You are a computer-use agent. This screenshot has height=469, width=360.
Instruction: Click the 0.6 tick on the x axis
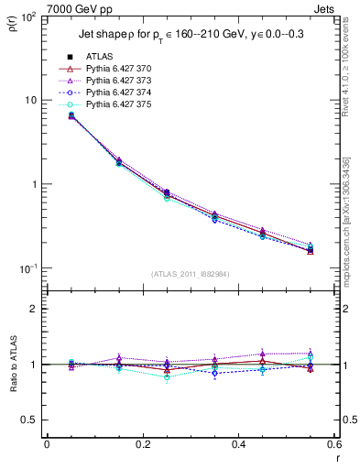tap(334, 445)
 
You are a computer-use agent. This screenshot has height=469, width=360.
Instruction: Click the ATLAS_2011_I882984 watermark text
tap(191, 274)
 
